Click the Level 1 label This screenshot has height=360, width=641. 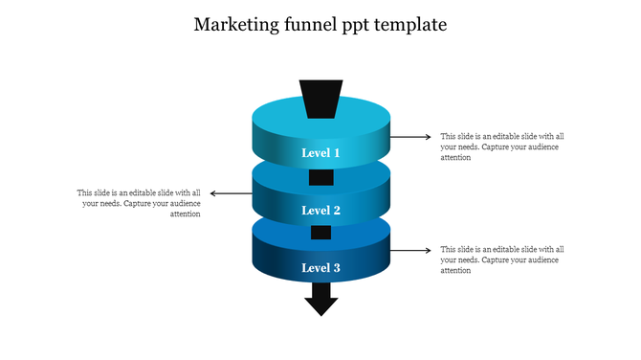[x=320, y=153]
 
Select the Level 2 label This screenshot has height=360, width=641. [x=320, y=211]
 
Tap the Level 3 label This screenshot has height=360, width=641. [x=320, y=268]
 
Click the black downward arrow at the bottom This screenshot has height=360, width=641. [x=320, y=304]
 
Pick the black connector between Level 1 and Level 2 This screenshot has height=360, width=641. [x=320, y=177]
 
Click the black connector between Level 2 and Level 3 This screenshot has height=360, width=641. [x=320, y=233]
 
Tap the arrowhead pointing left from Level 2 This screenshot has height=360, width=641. [x=213, y=193]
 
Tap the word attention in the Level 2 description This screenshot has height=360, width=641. [x=185, y=214]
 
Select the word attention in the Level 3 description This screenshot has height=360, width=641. [x=455, y=271]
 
